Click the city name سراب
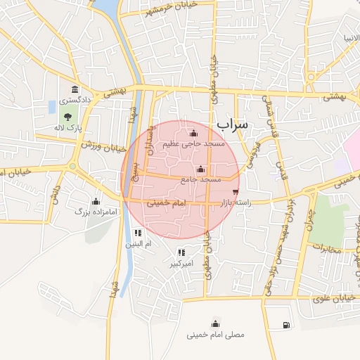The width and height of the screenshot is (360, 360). click(232, 124)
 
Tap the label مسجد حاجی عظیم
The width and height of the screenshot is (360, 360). click(194, 143)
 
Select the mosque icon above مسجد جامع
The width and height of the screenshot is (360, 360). click(201, 169)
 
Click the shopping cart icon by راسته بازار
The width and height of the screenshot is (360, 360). click(234, 191)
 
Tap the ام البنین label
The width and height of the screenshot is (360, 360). click(139, 245)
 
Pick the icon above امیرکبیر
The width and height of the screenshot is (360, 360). click(181, 252)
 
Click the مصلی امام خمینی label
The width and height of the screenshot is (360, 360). click(216, 335)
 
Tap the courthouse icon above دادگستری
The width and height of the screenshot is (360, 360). click(75, 89)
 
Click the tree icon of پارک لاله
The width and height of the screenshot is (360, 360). click(68, 117)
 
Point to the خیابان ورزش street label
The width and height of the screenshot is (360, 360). click(103, 146)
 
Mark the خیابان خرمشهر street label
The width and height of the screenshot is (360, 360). click(170, 8)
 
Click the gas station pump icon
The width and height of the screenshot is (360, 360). click(285, 325)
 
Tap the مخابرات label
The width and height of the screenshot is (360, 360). click(325, 248)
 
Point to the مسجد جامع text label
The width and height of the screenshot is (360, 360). click(201, 180)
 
